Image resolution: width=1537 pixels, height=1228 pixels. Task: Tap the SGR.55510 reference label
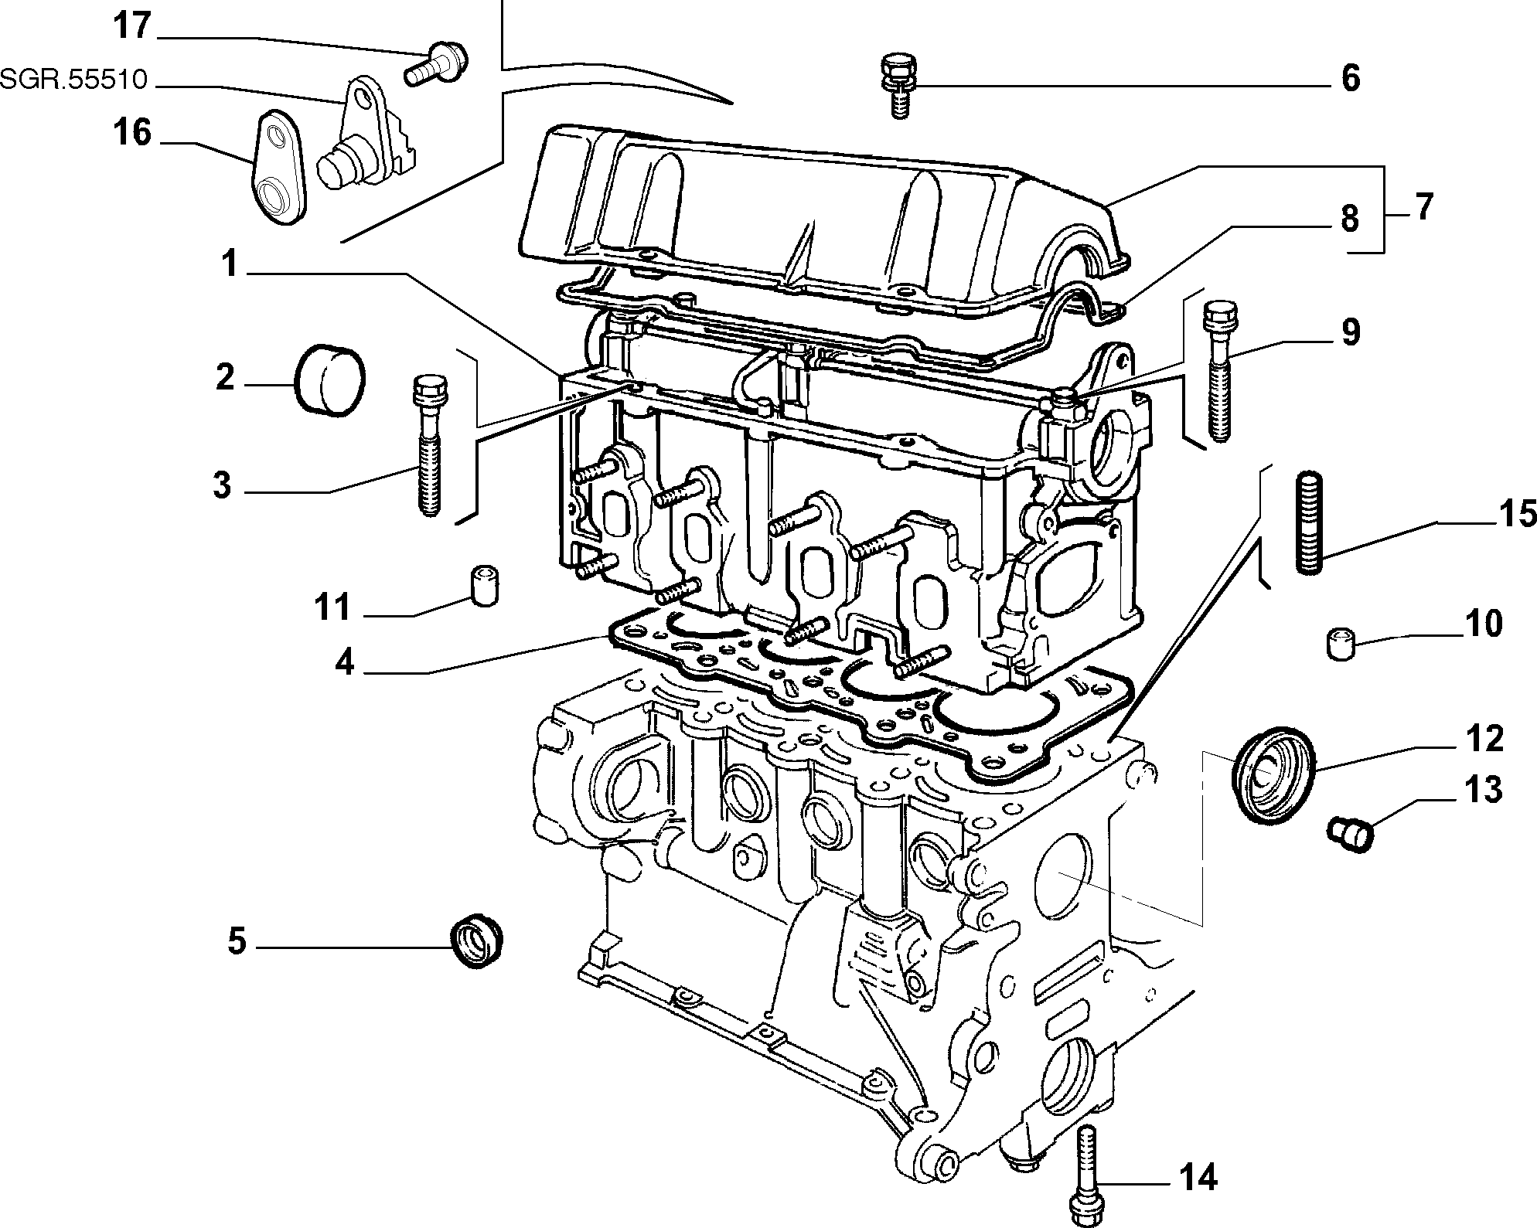coord(73,79)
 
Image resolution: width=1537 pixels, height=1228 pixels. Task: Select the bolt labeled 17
coord(438,63)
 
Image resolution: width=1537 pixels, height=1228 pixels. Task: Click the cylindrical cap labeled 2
coord(331,379)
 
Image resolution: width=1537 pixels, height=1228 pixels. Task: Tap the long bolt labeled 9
coord(1217,371)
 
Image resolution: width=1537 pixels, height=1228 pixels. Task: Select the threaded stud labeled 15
coord(1309,522)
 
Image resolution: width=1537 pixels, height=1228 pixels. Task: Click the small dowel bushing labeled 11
coord(483,586)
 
